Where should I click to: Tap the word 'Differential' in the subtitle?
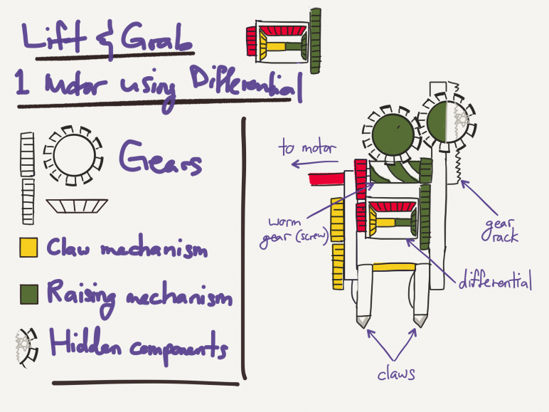click(x=246, y=83)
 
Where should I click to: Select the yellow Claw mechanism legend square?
click(x=28, y=248)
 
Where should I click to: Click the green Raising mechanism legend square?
click(x=28, y=295)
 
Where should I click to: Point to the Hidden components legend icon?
click(x=26, y=347)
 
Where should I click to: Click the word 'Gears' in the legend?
click(x=161, y=158)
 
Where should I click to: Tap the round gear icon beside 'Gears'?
click(x=73, y=155)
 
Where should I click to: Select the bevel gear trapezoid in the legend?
click(x=77, y=206)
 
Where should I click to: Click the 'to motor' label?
click(x=307, y=147)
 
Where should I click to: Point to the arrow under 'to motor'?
click(x=314, y=163)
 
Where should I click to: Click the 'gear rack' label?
click(x=500, y=231)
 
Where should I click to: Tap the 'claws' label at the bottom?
click(x=396, y=374)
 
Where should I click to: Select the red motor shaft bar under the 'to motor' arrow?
click(x=326, y=179)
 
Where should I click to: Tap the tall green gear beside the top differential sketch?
click(x=316, y=41)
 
